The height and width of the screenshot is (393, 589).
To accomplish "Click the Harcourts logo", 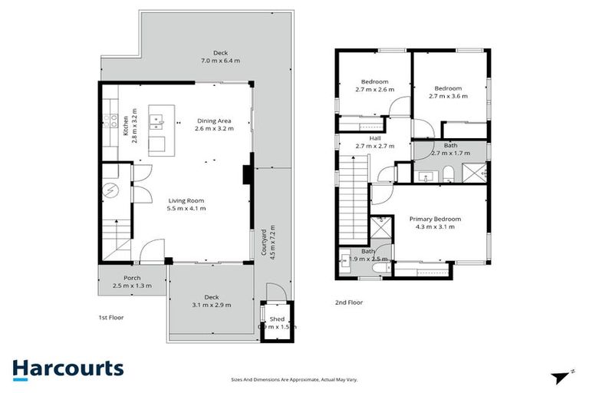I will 67,368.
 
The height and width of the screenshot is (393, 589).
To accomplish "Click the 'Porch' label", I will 132,278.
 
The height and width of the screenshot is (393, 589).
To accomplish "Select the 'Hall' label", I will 375,138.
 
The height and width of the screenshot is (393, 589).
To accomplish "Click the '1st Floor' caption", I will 110,317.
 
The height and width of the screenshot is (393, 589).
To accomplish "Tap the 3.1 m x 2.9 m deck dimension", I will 212,305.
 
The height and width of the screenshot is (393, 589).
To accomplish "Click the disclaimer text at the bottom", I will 294,379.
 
